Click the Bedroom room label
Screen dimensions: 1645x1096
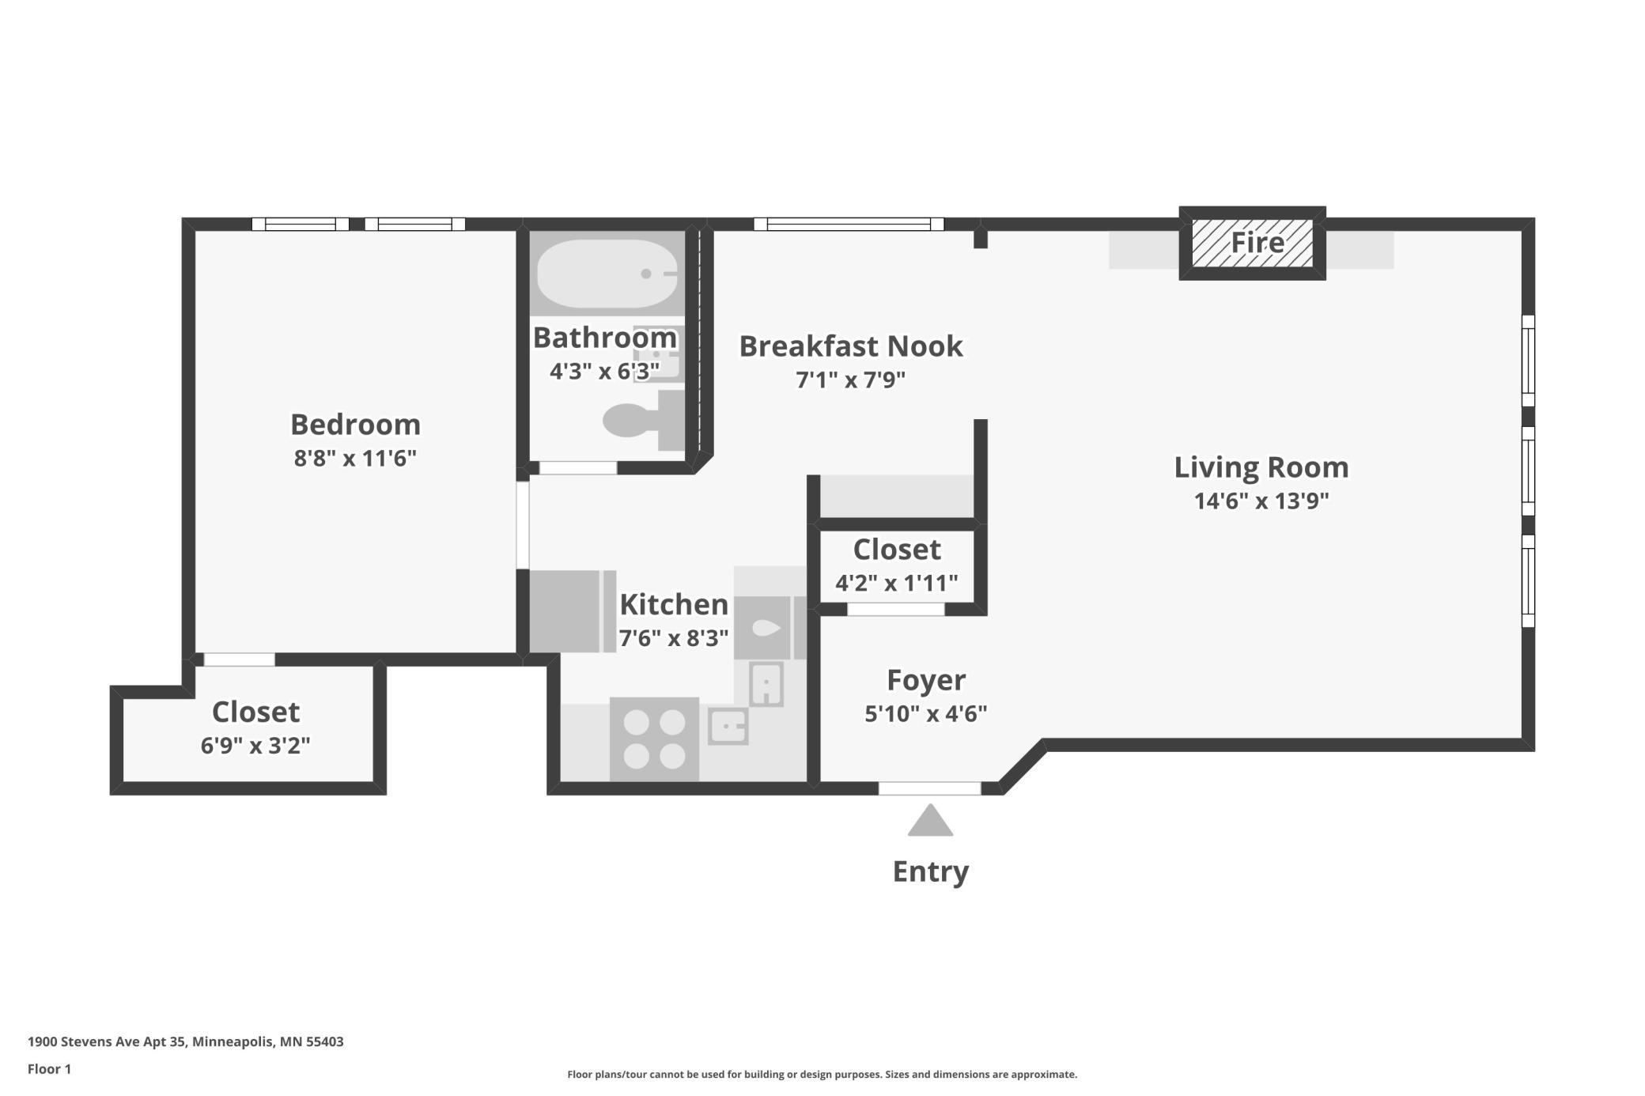click(x=355, y=425)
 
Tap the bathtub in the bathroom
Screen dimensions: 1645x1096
click(x=607, y=274)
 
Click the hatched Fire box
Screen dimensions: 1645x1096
click(x=1253, y=243)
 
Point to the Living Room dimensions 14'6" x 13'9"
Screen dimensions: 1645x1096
click(x=1261, y=501)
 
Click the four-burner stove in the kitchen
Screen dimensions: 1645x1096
click(x=654, y=739)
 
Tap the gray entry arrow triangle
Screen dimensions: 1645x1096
click(x=930, y=820)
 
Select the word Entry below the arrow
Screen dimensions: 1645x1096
click(x=930, y=871)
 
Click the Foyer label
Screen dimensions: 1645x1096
click(x=926, y=680)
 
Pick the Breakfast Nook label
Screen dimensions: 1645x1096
click(x=851, y=346)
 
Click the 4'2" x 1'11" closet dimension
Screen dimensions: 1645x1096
click(x=897, y=583)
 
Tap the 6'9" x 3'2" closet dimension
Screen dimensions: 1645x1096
click(x=255, y=746)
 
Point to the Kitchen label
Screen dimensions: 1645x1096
click(x=674, y=605)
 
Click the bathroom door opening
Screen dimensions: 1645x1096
click(x=578, y=468)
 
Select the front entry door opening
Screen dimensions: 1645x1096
click(x=930, y=788)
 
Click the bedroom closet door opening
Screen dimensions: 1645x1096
click(x=240, y=659)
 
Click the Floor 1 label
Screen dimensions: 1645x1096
click(x=49, y=1069)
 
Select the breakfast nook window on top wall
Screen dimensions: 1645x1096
click(x=849, y=224)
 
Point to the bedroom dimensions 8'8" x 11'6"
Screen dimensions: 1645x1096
click(x=355, y=458)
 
